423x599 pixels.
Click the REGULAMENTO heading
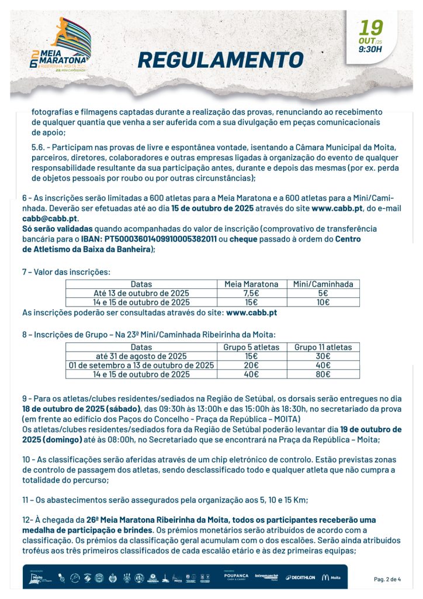220,60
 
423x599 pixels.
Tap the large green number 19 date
372,27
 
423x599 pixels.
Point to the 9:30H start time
370,49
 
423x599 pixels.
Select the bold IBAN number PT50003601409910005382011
161,239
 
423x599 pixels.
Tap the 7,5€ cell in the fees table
251,293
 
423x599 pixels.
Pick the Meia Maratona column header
251,284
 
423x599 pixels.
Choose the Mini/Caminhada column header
323,284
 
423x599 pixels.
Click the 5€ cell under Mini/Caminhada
323,293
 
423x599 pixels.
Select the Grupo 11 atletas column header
323,347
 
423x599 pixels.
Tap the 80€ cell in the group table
323,374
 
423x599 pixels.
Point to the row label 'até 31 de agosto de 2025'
141,356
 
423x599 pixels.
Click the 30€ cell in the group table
323,356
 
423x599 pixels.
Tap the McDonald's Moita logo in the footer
331,577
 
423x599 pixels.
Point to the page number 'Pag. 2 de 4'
387,579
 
